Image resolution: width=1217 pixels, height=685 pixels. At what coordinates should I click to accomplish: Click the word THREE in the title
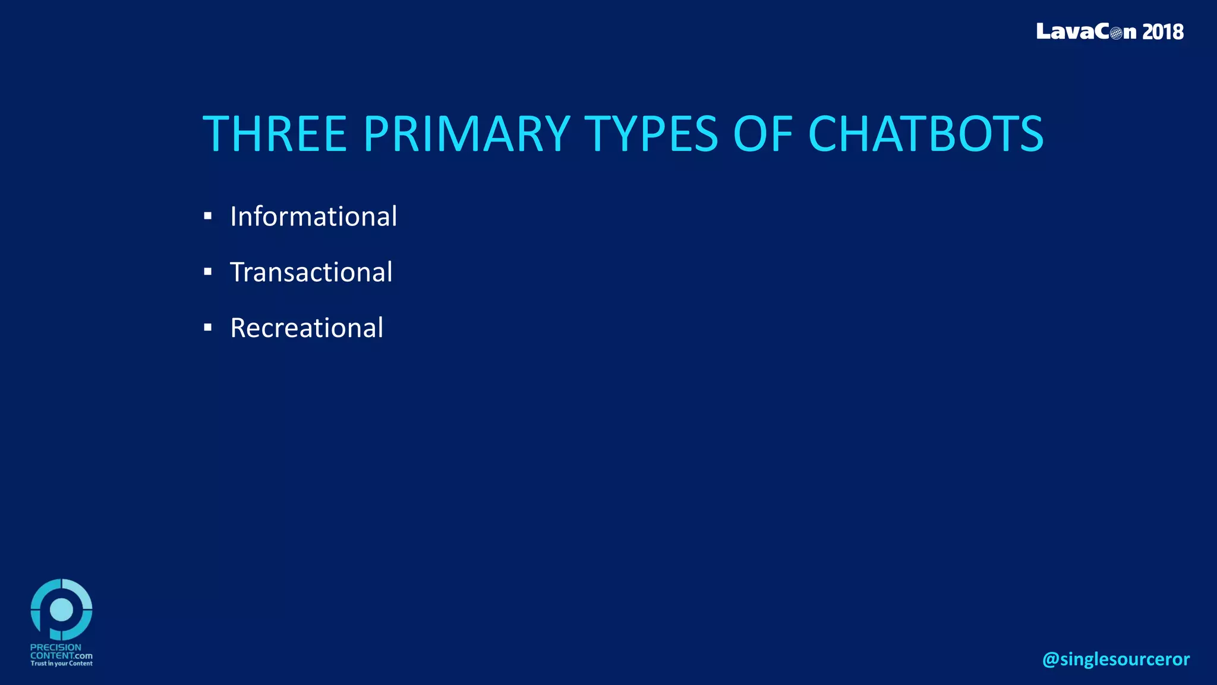(x=275, y=134)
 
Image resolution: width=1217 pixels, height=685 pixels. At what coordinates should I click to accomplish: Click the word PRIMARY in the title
(x=466, y=134)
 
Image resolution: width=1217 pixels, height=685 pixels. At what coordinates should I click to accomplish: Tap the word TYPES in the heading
(x=651, y=134)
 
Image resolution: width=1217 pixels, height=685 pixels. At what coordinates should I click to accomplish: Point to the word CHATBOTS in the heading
(x=925, y=134)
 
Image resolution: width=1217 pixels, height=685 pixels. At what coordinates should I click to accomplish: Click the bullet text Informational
(x=313, y=216)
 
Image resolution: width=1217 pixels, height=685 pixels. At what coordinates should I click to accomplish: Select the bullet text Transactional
(x=311, y=272)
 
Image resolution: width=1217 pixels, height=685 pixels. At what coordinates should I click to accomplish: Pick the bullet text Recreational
(x=307, y=328)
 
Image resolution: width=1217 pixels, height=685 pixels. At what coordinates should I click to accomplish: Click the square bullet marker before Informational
(x=207, y=216)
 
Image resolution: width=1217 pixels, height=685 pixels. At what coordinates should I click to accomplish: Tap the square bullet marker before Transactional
(x=207, y=272)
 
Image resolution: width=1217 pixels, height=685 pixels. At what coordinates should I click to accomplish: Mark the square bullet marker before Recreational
(x=207, y=328)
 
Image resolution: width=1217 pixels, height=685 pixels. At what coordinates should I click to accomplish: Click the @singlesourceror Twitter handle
(x=1115, y=659)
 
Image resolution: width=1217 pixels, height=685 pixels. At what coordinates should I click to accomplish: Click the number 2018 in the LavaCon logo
(x=1162, y=32)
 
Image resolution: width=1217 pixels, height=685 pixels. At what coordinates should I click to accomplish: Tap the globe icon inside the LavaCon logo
(x=1116, y=33)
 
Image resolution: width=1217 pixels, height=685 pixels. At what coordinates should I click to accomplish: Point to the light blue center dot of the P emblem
(x=62, y=609)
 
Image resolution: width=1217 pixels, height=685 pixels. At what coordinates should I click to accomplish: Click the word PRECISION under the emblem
(x=56, y=648)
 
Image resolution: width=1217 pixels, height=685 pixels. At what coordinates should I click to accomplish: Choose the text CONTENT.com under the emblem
(x=61, y=655)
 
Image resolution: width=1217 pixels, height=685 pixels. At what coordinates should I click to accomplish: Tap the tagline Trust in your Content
(x=61, y=664)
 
